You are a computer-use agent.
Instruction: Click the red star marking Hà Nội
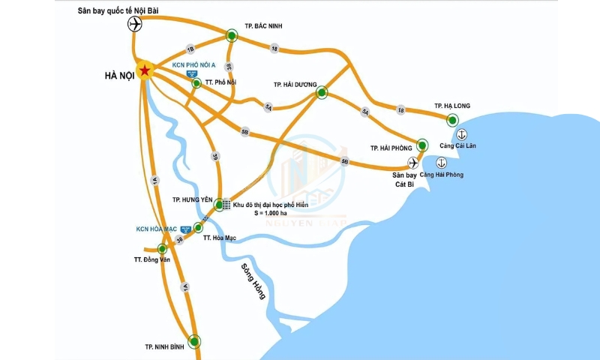pos(145,71)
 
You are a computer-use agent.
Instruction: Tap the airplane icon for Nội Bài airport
pos(135,24)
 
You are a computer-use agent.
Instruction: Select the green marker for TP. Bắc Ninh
pos(232,34)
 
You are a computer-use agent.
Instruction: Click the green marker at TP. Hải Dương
pos(322,92)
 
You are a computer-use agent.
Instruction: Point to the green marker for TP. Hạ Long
pos(452,119)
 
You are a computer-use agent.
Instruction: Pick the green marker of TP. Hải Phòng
pos(422,145)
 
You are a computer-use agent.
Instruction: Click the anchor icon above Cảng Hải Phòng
pos(441,163)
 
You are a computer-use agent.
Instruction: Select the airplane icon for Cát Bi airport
pos(412,162)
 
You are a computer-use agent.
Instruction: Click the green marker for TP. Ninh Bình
pos(195,341)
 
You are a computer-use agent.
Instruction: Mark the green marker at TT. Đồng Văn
pos(162,248)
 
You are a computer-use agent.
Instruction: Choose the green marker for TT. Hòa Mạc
pos(199,227)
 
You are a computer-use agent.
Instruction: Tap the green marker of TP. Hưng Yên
pos(219,204)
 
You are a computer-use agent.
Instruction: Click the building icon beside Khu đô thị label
pos(226,204)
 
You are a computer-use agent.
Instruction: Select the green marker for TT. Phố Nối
pos(196,83)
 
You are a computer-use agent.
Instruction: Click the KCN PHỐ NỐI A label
pos(194,65)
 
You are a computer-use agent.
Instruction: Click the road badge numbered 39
pos(215,156)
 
